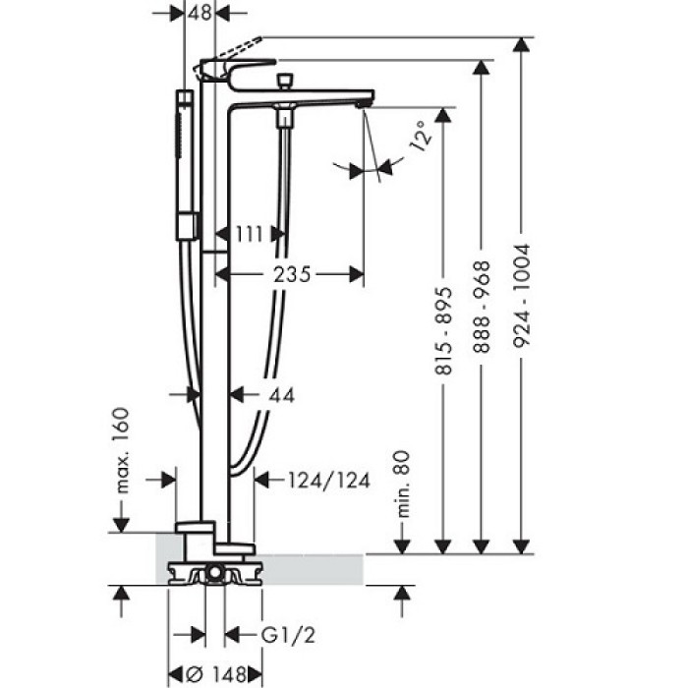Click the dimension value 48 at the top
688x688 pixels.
pyautogui.click(x=201, y=13)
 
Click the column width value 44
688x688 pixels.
pyautogui.click(x=281, y=394)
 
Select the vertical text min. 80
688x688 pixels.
pyautogui.click(x=400, y=480)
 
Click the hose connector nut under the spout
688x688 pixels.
pyautogui.click(x=285, y=118)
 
